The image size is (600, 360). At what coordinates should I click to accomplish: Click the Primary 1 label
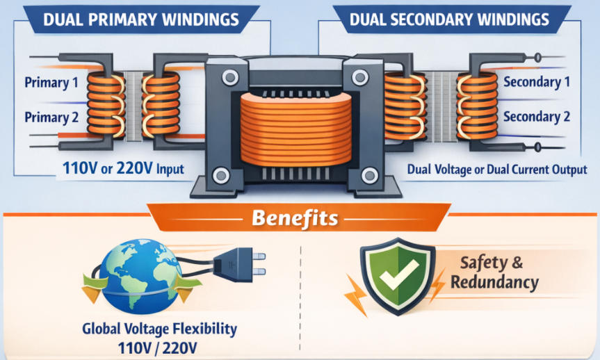tap(51, 83)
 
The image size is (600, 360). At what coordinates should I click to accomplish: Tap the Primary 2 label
tap(51, 117)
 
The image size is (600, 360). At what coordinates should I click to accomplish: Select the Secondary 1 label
tap(536, 82)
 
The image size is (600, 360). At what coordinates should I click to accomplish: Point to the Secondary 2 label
tap(536, 116)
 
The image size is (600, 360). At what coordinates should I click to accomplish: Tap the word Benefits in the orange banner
tap(295, 218)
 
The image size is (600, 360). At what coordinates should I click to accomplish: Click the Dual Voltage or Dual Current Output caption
tap(496, 169)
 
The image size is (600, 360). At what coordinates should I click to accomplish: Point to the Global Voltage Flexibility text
tap(159, 328)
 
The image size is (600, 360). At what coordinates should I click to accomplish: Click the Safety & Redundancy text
tap(494, 273)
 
